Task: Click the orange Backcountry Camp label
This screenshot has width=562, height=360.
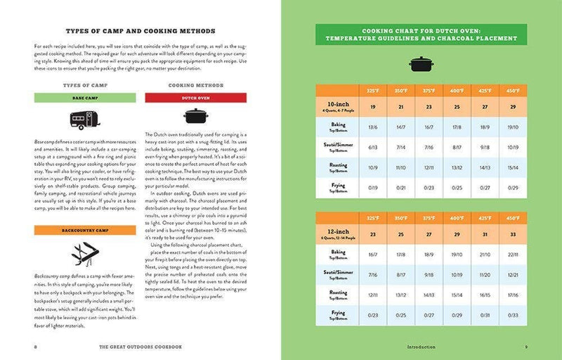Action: tap(85, 229)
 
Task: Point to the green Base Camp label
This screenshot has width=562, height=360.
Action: tap(85, 98)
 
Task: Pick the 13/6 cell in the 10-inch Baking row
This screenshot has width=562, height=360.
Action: tap(372, 127)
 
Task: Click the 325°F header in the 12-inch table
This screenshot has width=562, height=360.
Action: tap(372, 217)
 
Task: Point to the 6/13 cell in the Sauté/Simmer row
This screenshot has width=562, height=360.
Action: tap(372, 148)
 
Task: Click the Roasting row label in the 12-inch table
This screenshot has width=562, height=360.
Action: tap(338, 294)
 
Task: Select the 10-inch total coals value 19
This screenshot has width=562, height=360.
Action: tap(372, 105)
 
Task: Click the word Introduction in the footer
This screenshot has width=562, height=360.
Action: tap(421, 347)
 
